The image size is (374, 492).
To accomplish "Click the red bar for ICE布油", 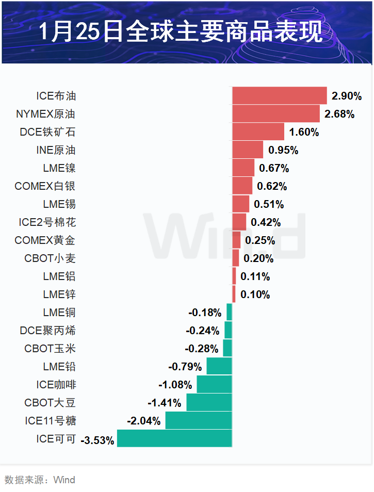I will coord(280,95).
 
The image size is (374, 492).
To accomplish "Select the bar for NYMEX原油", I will coord(276,113).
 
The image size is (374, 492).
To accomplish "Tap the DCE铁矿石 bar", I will coord(258,132).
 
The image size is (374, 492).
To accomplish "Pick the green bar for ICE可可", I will coord(174,438).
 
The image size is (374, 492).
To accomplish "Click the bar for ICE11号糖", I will coord(199,420).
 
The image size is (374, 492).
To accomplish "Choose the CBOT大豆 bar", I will coord(209,402).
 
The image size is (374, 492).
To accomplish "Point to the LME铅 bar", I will coord(219,366).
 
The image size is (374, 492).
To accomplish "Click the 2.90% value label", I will coord(347,96).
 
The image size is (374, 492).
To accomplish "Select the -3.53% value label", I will coord(97,441).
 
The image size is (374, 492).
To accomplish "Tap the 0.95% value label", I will coord(283,150).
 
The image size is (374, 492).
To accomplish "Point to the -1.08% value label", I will coord(175,385).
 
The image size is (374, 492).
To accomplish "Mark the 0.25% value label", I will coord(259,240).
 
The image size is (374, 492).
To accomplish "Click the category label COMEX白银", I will coord(45,186).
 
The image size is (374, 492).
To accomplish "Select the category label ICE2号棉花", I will coord(47,222).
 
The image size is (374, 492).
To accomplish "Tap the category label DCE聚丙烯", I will coord(47,331).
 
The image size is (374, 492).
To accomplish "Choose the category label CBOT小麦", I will coord(50,258).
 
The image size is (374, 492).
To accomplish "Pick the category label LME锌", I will coord(59,294).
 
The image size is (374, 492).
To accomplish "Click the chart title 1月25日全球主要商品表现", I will coord(182,32).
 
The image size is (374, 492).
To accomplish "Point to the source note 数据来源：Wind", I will coord(40,480).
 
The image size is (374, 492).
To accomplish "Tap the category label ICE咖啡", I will coord(56,385).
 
